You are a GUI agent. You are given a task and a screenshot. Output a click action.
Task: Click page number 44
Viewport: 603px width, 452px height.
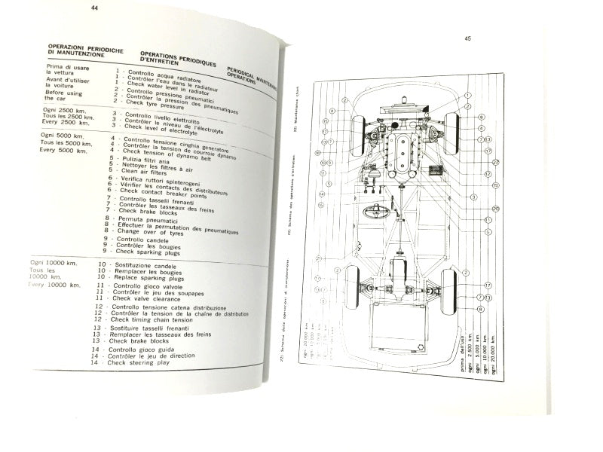point(94,9)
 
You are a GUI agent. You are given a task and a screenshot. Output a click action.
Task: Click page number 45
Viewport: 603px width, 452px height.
point(467,38)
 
